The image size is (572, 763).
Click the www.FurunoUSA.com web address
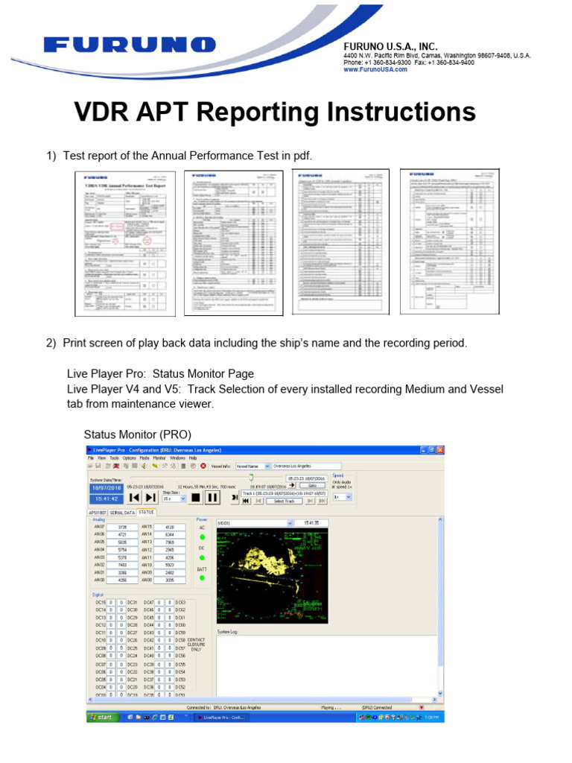pyautogui.click(x=375, y=69)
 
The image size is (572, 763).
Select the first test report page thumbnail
pyautogui.click(x=125, y=242)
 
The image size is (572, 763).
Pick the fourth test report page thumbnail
pyautogui.click(x=449, y=241)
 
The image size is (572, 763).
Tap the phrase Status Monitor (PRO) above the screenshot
pyautogui.click(x=137, y=434)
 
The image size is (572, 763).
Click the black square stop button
pyautogui.click(x=195, y=497)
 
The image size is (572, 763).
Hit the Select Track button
pyautogui.click(x=285, y=501)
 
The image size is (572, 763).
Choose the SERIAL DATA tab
pyautogui.click(x=122, y=513)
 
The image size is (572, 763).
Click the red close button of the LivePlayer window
pyautogui.click(x=440, y=450)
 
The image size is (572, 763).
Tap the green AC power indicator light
pyautogui.click(x=201, y=536)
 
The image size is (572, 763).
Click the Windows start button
pyautogui.click(x=101, y=717)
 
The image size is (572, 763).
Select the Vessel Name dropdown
pyautogui.click(x=252, y=466)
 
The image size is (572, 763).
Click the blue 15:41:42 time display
pyautogui.click(x=105, y=498)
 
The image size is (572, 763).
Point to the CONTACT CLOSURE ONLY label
pyautogui.click(x=196, y=645)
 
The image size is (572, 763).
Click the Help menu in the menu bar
pyautogui.click(x=193, y=458)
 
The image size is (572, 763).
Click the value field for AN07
pyautogui.click(x=122, y=526)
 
